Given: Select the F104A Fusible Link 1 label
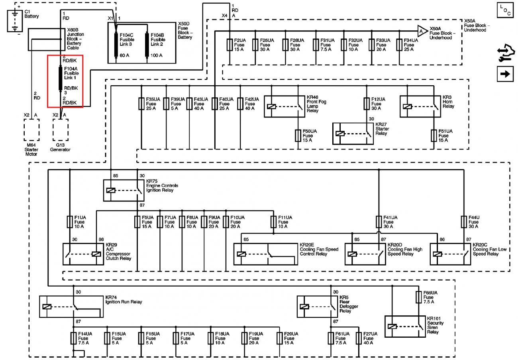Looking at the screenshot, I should [71, 73].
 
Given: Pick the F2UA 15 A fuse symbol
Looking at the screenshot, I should [230, 45].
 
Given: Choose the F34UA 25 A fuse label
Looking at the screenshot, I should [411, 45].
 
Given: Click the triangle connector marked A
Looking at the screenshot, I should [421, 30].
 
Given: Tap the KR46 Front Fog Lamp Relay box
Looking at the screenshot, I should [285, 106].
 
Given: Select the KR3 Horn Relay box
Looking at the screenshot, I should [420, 106].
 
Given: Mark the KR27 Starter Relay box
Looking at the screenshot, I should [353, 134].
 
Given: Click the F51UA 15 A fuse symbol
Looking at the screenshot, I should [434, 136].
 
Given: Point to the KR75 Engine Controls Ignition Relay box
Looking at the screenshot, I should [124, 190].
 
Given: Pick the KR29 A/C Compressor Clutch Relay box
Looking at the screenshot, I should [83, 254].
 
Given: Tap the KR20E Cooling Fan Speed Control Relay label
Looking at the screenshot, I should [319, 250].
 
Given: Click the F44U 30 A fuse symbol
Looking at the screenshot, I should [464, 222].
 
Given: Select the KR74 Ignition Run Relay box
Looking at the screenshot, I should [71, 306].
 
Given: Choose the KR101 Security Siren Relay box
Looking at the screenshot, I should [405, 326].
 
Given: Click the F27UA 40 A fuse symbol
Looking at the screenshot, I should [359, 338].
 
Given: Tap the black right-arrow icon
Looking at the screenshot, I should [505, 74].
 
